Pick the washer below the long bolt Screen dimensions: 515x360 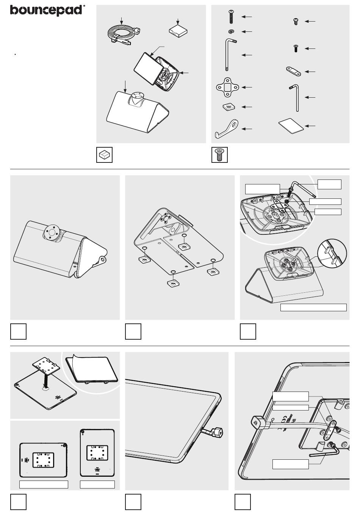(231, 31)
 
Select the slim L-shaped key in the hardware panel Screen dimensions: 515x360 (296, 97)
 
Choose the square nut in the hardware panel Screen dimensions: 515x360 (228, 107)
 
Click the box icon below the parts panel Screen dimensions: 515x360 (104, 155)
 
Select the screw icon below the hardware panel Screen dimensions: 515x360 (219, 155)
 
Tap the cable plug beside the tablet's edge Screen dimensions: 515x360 (214, 431)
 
